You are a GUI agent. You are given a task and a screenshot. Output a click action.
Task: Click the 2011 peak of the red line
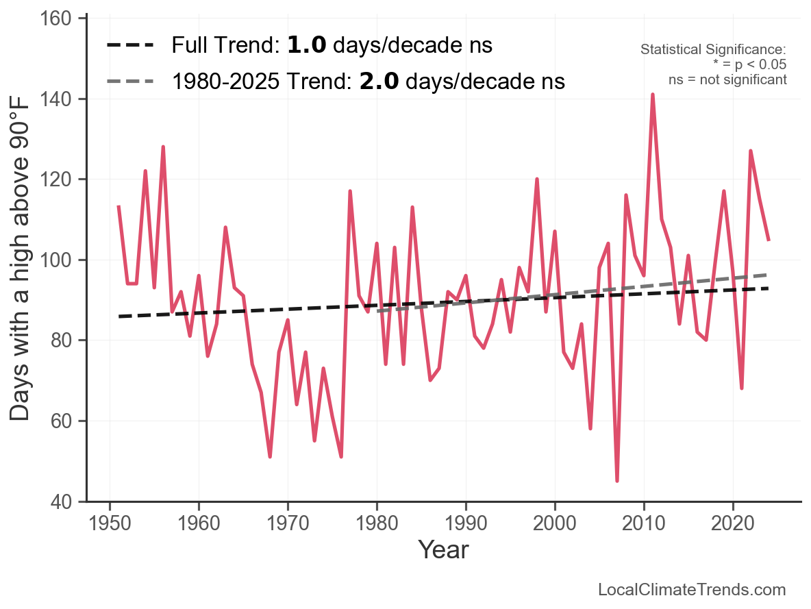pyautogui.click(x=653, y=95)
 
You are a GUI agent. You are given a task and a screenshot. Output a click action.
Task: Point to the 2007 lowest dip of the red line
pyautogui.click(x=617, y=480)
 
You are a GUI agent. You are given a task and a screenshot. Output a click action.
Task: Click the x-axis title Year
pyautogui.click(x=443, y=549)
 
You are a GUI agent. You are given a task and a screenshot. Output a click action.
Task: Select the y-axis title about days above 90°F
pyautogui.click(x=21, y=260)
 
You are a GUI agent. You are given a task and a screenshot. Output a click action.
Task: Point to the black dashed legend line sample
pyautogui.click(x=130, y=46)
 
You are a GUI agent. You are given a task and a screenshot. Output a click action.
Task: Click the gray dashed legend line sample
pyautogui.click(x=130, y=82)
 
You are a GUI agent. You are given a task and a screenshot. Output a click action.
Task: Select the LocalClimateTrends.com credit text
pyautogui.click(x=692, y=590)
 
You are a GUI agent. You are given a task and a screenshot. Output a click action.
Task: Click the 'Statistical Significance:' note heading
pyautogui.click(x=713, y=50)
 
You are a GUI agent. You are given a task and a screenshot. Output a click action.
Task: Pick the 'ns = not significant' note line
pyautogui.click(x=727, y=79)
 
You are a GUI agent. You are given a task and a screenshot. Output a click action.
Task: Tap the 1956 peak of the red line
pyautogui.click(x=163, y=147)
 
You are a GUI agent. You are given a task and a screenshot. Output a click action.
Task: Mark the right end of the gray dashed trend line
pyautogui.click(x=769, y=275)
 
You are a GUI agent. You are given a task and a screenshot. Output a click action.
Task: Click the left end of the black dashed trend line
pyautogui.click(x=119, y=316)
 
